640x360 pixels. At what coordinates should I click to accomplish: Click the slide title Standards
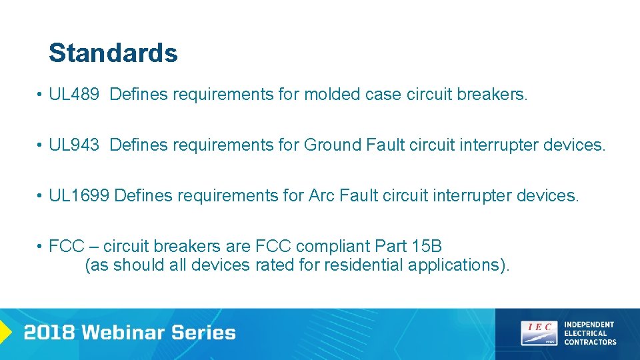click(x=113, y=53)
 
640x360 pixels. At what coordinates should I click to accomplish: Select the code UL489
click(x=74, y=95)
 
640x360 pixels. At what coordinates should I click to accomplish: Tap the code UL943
click(x=74, y=145)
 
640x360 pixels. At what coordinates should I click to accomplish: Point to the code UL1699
click(x=79, y=195)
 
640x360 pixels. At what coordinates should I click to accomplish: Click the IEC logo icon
click(x=539, y=333)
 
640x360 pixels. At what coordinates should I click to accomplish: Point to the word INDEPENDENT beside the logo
click(x=589, y=325)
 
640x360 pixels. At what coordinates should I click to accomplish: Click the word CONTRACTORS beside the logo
click(x=590, y=342)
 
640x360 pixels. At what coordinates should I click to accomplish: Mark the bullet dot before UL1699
click(x=41, y=196)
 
